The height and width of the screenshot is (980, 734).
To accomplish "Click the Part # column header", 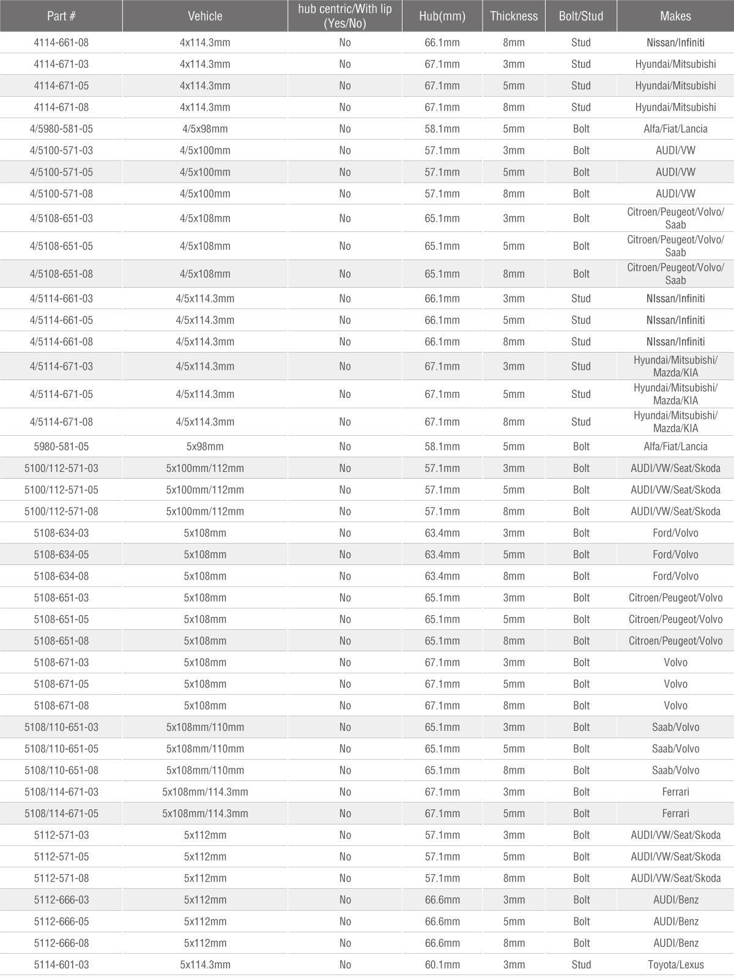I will point(61,16).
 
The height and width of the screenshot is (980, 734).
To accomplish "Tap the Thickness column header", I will point(514,16).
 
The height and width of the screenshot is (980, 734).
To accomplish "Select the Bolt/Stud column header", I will point(581,16).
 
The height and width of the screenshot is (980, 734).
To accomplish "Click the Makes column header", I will point(675,16).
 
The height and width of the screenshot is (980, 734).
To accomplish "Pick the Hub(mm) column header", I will point(442,16).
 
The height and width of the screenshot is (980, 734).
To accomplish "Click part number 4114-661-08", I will point(61,43).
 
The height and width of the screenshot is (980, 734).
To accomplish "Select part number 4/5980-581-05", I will point(61,129).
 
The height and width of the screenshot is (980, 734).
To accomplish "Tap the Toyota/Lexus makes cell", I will point(675,965).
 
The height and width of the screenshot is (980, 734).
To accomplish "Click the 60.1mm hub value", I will point(442,965).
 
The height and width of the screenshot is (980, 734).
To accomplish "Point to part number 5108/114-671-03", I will point(61,792).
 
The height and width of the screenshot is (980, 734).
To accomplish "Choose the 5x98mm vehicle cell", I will point(205,447).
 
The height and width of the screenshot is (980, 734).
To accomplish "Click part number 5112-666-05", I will point(61,921).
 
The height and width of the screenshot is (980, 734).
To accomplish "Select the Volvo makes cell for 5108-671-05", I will point(675,684).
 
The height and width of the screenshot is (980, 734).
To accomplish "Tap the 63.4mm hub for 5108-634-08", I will point(442,576).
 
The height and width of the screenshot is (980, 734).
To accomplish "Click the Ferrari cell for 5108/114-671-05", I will point(675,814).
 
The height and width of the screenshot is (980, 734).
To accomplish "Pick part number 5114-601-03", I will point(61,965).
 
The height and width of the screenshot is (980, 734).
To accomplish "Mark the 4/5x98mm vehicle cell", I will point(205,129).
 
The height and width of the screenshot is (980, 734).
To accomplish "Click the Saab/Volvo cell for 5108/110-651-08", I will point(675,770).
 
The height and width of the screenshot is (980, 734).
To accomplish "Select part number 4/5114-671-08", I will point(61,422).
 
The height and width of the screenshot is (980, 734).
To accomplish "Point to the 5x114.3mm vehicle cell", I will point(205,965).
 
